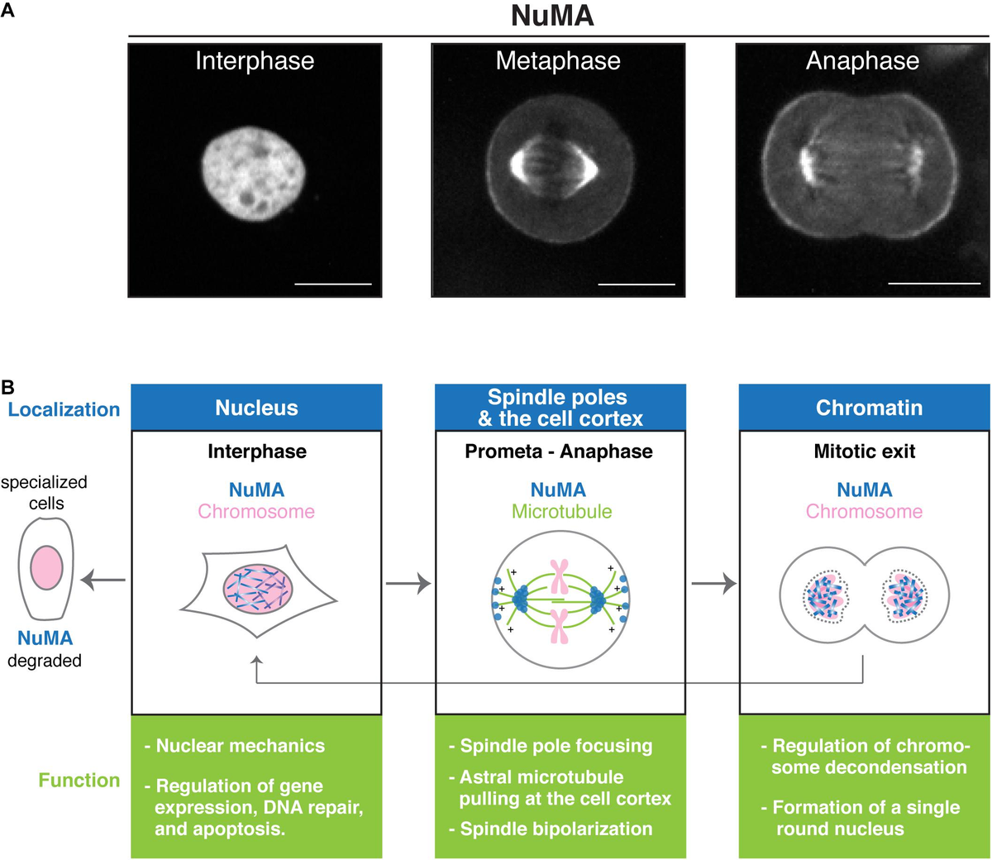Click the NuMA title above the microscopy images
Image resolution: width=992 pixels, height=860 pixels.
552,16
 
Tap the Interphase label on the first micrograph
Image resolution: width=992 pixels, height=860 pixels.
255,61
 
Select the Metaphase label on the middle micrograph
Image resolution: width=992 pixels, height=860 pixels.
558,61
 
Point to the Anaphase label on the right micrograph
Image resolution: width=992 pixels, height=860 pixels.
862,61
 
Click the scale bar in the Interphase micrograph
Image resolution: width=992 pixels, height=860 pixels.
333,284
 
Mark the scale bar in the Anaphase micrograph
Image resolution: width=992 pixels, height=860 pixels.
933,284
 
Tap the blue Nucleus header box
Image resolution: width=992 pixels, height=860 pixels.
256,408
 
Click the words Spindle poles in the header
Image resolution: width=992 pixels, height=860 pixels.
557,397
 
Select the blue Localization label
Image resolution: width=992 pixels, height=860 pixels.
64,409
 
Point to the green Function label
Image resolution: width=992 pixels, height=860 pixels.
79,780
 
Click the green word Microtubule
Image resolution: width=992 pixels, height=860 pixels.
561,511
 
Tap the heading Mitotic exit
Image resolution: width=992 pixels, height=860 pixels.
865,451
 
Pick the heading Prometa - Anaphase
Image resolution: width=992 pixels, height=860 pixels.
559,451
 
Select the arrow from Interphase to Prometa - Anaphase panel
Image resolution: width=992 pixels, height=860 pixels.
408,584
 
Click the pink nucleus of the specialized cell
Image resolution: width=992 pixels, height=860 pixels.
46,567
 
